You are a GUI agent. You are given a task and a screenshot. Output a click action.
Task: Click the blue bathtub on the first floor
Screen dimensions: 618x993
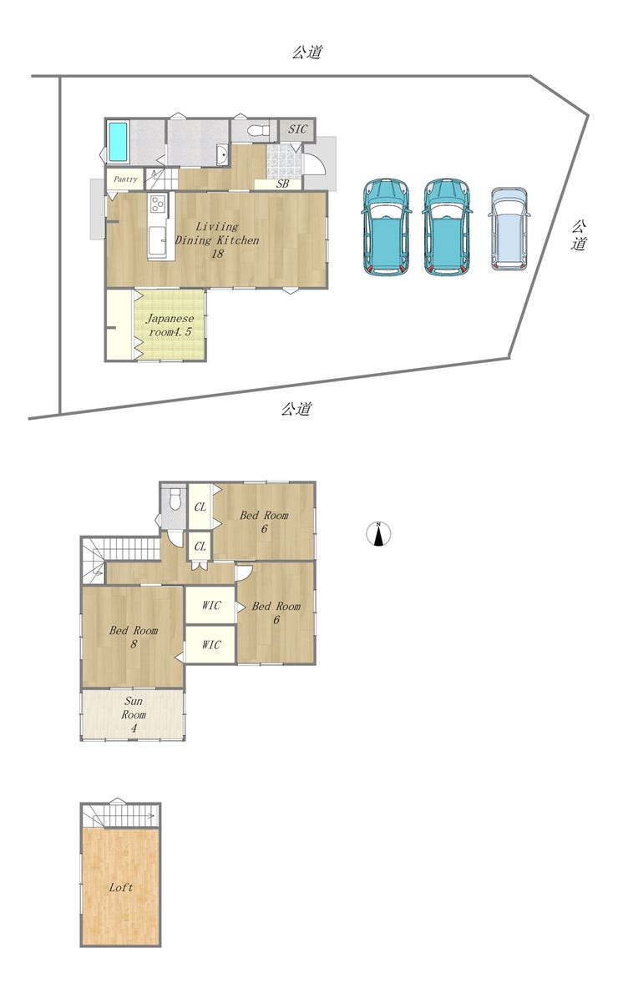click(x=119, y=142)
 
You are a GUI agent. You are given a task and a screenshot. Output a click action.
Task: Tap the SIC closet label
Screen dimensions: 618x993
click(x=297, y=129)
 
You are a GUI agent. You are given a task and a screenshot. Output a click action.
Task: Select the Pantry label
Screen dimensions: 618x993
click(x=125, y=179)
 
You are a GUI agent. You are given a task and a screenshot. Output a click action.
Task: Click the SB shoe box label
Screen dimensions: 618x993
click(x=283, y=184)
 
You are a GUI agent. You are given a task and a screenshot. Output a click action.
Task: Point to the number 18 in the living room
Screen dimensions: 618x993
click(x=217, y=254)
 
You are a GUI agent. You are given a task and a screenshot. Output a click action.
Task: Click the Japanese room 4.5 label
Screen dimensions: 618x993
click(x=170, y=325)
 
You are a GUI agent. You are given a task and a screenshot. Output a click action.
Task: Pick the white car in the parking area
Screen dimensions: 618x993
click(x=509, y=229)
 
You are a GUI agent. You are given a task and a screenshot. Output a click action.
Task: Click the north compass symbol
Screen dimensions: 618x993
click(x=378, y=534)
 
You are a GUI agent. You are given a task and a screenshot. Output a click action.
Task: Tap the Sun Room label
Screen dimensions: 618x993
click(x=134, y=714)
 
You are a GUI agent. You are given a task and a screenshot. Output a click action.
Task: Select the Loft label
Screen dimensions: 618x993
click(x=121, y=887)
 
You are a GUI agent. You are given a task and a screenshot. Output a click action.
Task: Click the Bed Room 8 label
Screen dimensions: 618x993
click(x=133, y=637)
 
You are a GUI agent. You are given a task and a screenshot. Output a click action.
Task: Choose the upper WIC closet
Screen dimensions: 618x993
click(x=211, y=606)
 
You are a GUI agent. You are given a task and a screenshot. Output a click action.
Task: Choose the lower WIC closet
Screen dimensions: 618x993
click(x=211, y=645)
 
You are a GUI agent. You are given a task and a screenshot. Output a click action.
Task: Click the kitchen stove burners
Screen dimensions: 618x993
click(x=157, y=204)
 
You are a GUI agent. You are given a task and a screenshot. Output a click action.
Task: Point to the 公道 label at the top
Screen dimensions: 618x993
click(x=307, y=52)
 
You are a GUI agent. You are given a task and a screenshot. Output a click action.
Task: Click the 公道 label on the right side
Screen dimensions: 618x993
click(x=578, y=235)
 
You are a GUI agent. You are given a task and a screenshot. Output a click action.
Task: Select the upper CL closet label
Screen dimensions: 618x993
click(x=200, y=507)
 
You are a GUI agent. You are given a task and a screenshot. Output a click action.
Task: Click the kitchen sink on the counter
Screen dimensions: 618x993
click(x=158, y=240)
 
